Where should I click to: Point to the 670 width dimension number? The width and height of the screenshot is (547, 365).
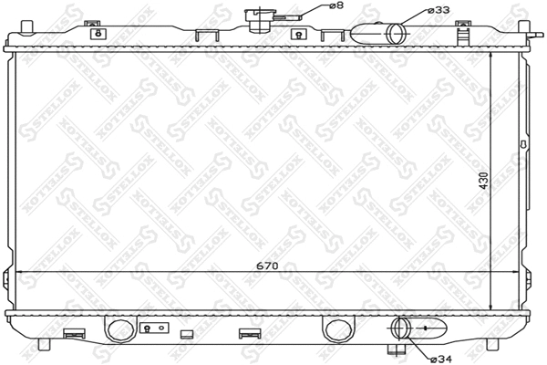click(267, 266)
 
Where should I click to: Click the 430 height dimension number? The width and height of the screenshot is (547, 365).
click(498, 182)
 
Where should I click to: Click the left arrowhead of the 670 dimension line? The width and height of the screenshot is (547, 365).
click(15, 273)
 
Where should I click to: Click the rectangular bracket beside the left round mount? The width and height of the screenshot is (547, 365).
click(151, 328)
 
